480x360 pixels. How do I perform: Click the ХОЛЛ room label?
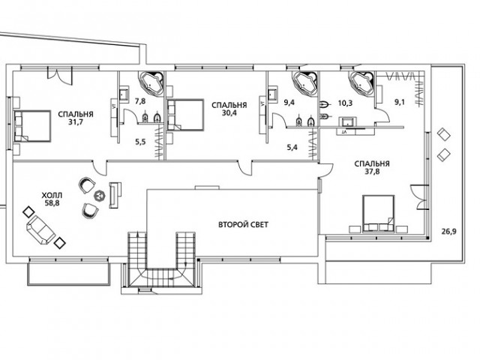(52, 195)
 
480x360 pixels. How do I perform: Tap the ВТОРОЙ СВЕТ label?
(243, 225)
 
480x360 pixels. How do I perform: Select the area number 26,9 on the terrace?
(448, 232)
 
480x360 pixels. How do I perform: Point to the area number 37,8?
(372, 172)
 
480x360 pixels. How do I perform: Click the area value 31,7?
(76, 121)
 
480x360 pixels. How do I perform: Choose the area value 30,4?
(229, 113)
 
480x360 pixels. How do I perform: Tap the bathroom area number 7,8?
(140, 101)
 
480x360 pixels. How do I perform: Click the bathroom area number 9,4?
(289, 103)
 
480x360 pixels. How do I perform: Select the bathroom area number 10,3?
(345, 103)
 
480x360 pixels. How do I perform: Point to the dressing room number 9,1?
(399, 103)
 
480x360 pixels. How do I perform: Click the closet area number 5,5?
(140, 142)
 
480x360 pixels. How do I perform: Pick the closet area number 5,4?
(292, 148)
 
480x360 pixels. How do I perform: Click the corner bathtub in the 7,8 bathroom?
(151, 83)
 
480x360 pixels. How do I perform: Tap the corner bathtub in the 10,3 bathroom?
(362, 83)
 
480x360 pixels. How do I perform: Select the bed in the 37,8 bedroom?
(378, 214)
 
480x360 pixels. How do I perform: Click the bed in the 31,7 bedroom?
(32, 126)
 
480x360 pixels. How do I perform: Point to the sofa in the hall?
(41, 230)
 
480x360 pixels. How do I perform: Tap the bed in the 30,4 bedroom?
(185, 114)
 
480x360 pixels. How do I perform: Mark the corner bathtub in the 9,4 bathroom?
(305, 83)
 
